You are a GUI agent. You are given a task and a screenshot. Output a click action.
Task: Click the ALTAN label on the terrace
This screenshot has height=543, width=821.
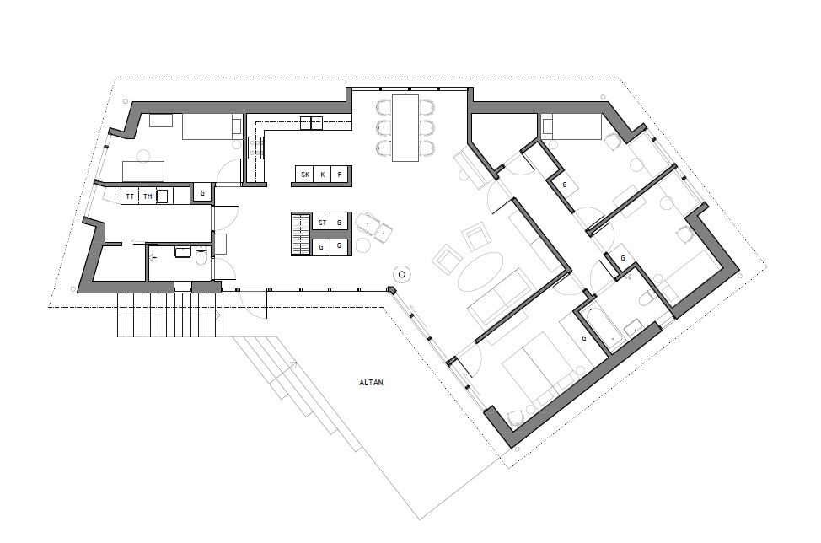(x=371, y=382)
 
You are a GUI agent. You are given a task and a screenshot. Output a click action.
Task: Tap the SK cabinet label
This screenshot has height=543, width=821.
(x=305, y=175)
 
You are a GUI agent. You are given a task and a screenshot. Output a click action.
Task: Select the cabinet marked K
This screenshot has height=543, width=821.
(x=323, y=175)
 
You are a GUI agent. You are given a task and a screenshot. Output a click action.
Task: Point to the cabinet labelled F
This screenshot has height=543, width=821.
(x=340, y=175)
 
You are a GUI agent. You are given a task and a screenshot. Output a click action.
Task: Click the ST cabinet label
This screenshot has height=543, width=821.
(x=323, y=223)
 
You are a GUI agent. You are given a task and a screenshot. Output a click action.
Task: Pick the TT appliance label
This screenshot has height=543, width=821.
(x=130, y=197)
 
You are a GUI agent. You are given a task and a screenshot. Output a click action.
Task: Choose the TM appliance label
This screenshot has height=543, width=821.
(x=148, y=197)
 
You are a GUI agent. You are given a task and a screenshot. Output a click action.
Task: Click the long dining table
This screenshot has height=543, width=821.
(x=405, y=128)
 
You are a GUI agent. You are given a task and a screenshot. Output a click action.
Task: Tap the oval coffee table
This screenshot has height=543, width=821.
(x=480, y=271)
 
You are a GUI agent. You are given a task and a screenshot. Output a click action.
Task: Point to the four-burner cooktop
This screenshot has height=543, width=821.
(x=256, y=147)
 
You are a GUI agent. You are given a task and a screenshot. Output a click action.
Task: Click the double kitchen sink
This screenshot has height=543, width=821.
(x=312, y=123)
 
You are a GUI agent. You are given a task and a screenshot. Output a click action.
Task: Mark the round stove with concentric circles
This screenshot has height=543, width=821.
(x=402, y=274)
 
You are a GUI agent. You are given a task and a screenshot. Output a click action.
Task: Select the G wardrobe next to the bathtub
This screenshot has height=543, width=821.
(x=584, y=338)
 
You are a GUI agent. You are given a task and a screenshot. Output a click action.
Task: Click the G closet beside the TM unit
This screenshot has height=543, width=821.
(x=202, y=193)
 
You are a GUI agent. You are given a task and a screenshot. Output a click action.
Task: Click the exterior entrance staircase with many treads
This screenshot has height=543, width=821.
(x=169, y=315)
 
